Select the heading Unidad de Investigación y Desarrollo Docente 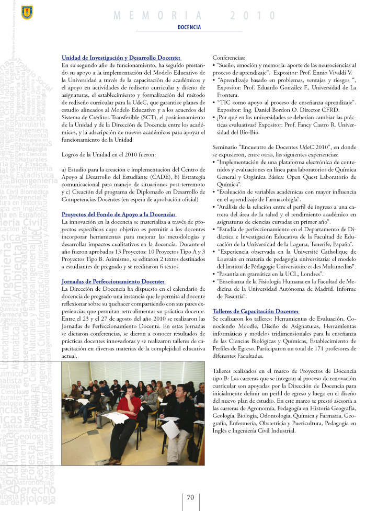(x=121, y=58)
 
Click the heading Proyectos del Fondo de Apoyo (x=119, y=214)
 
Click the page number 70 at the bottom (x=191, y=497)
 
